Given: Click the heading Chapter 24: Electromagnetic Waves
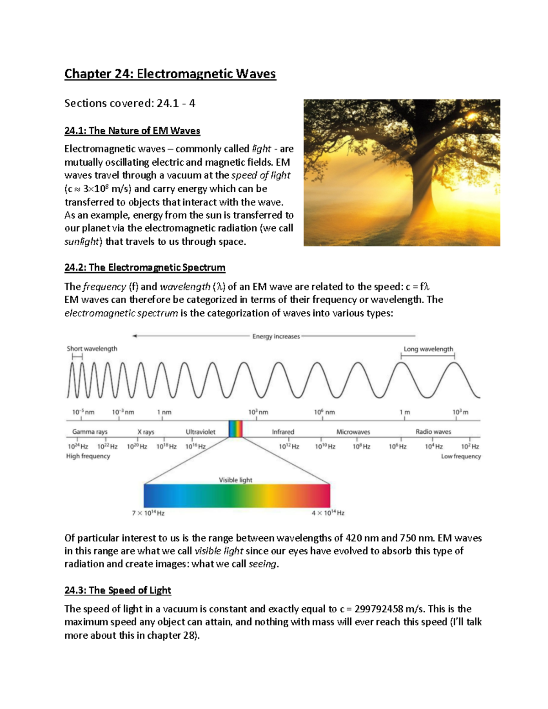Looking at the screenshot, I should (x=170, y=74).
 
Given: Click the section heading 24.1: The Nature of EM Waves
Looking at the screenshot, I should (x=132, y=131).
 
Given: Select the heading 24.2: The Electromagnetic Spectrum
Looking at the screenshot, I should (x=145, y=268).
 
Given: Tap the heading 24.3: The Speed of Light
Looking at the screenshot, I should (x=117, y=590).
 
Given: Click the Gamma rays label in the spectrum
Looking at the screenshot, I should (x=90, y=432).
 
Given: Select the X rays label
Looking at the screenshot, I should (x=146, y=432).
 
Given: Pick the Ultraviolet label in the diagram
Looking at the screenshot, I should (x=200, y=432).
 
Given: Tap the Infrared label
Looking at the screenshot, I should (x=283, y=432).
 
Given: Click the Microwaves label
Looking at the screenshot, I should (x=353, y=432).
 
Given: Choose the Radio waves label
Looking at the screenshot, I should (x=433, y=432).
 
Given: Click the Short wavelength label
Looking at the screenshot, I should (x=92, y=349).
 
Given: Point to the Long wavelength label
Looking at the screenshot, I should (x=428, y=349).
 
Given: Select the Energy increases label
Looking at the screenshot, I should (x=276, y=336).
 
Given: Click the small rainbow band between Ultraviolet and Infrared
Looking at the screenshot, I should (x=235, y=429).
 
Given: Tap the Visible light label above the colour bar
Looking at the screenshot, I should (x=235, y=480).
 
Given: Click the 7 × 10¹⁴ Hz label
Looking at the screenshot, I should (x=148, y=513).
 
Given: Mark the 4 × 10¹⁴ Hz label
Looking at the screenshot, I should (x=328, y=513).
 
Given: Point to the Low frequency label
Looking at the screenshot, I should (x=461, y=457).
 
